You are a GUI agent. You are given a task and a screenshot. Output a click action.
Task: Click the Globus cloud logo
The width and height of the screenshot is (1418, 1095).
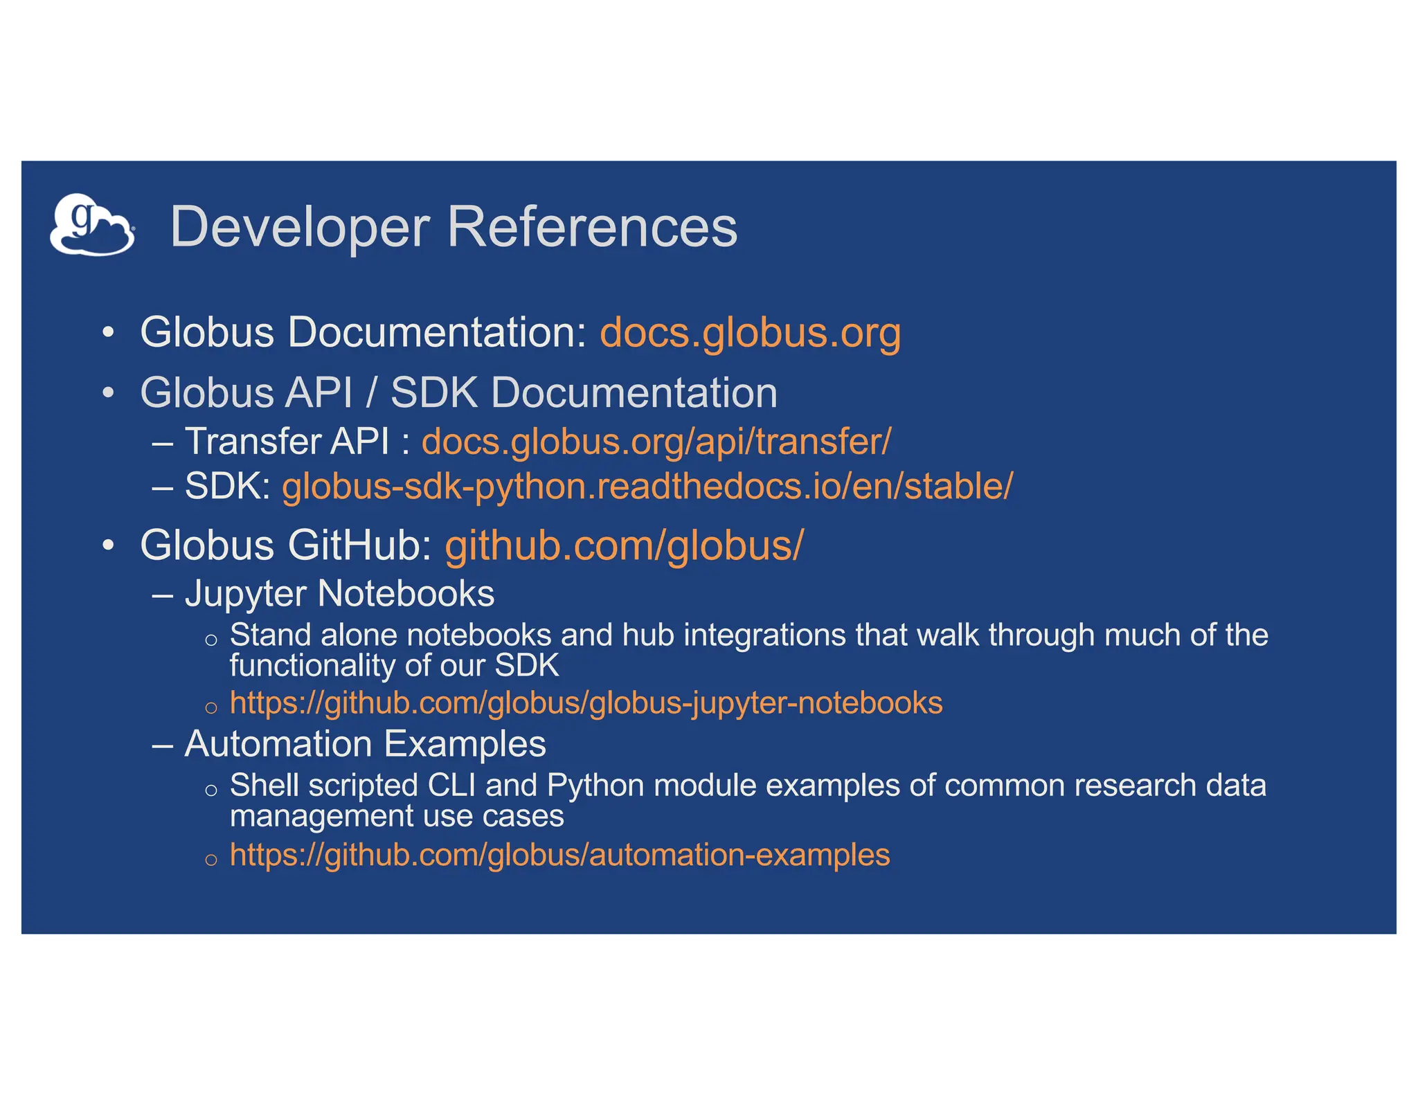pos(92,225)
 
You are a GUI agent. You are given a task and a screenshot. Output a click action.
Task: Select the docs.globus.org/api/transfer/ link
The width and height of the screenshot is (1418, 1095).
pos(656,441)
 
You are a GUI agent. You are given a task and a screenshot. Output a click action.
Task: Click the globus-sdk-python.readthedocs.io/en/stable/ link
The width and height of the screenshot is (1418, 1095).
pos(647,486)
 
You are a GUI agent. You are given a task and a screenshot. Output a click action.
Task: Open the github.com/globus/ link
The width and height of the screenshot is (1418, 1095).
pos(624,545)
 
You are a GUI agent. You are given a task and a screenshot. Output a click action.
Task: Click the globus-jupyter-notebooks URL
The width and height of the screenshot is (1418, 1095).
pos(586,703)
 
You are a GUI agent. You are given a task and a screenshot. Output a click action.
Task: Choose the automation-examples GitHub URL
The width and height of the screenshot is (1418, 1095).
pos(559,855)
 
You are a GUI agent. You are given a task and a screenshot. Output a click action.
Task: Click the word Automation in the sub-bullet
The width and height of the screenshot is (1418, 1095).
pos(278,744)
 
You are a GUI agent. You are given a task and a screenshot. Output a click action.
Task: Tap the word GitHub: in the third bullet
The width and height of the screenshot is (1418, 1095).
pos(360,545)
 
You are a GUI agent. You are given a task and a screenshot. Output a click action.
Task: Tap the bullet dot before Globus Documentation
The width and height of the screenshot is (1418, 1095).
pos(107,333)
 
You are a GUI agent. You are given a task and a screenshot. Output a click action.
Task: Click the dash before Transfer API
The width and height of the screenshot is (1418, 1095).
pos(163,442)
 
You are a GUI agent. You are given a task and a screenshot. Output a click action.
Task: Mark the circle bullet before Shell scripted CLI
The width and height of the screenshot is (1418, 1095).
pos(211,790)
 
